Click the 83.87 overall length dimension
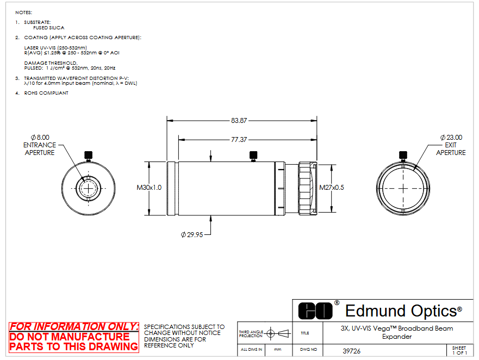[x=239, y=120]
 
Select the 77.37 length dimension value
[x=239, y=140]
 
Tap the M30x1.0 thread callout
[x=149, y=187]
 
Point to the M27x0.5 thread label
[x=332, y=187]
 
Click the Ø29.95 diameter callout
[x=192, y=235]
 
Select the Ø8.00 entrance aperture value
[x=40, y=138]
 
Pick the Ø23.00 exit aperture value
[x=451, y=138]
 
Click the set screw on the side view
[x=253, y=156]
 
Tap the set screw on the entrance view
[x=88, y=156]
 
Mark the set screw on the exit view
[x=403, y=156]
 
